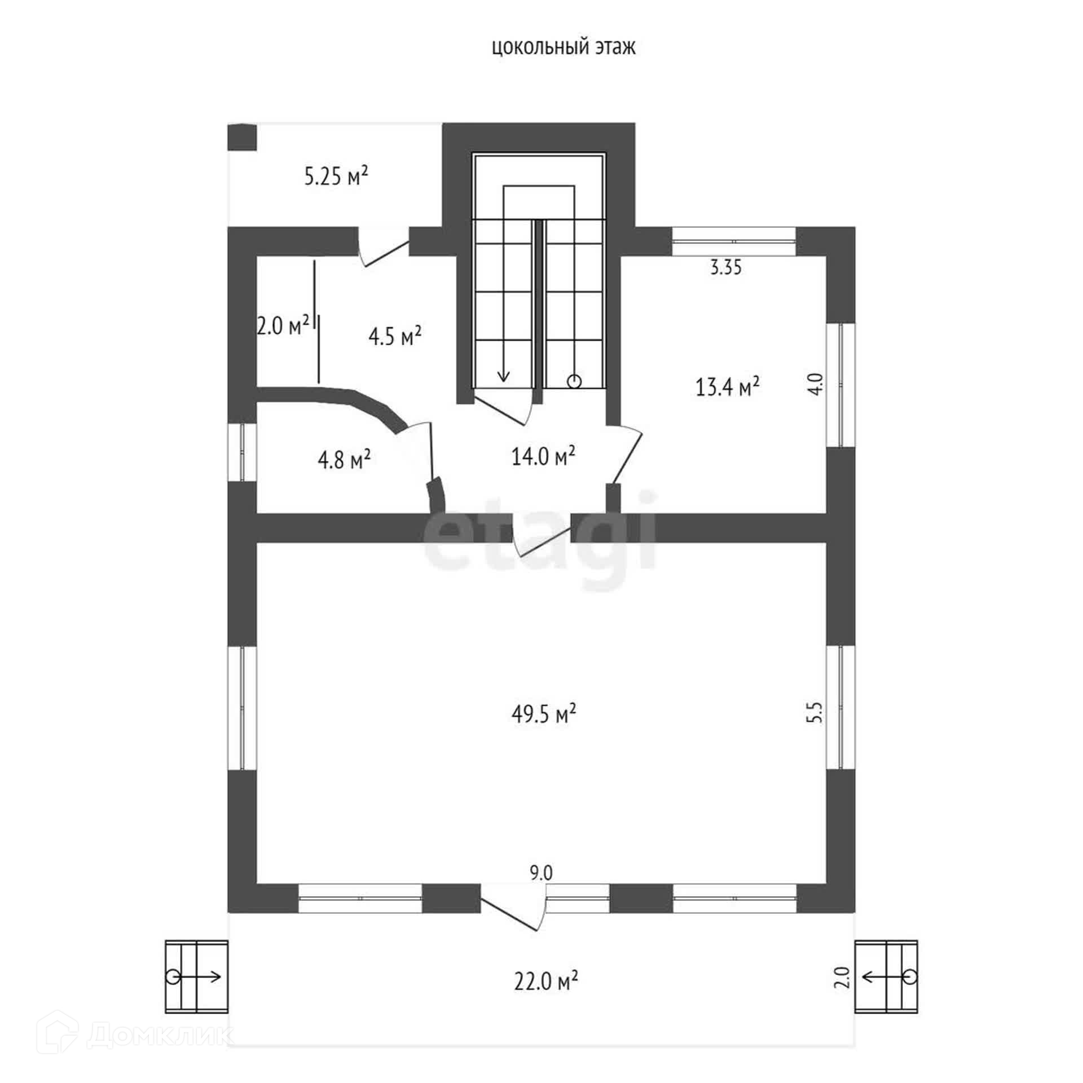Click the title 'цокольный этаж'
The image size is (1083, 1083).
(x=563, y=48)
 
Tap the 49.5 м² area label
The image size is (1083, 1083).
(x=543, y=714)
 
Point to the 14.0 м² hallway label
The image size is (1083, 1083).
(x=543, y=456)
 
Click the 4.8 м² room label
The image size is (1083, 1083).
(x=344, y=460)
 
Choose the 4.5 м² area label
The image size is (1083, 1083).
(x=395, y=337)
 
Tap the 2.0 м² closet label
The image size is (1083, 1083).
(x=283, y=325)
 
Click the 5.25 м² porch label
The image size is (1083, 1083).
(x=336, y=176)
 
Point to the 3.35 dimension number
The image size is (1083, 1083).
(x=725, y=267)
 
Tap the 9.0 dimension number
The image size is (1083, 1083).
(x=541, y=873)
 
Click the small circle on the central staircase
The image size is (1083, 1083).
(x=574, y=382)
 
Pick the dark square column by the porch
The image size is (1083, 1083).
(x=241, y=137)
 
